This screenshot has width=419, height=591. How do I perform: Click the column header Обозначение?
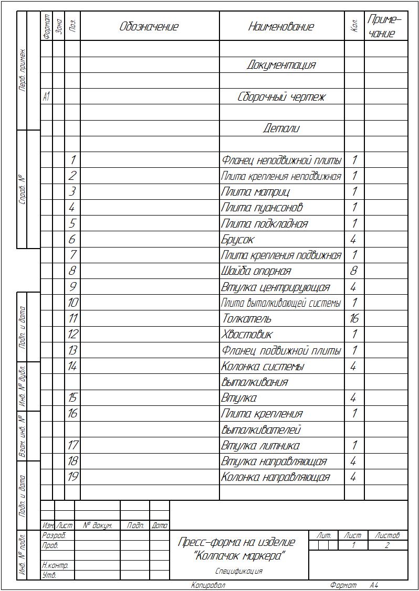(x=149, y=27)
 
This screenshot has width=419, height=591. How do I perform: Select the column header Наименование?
(x=281, y=27)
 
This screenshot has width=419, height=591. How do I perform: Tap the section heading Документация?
(x=281, y=65)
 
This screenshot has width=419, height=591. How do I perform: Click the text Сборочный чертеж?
(x=281, y=97)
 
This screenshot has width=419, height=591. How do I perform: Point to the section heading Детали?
(x=281, y=128)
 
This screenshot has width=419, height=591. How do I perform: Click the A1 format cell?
(x=46, y=97)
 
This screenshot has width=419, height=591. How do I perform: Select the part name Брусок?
(x=238, y=240)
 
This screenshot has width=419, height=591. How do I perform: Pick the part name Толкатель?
(x=246, y=319)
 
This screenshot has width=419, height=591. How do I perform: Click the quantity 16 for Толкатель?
(x=354, y=319)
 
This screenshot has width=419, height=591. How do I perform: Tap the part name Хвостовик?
(x=247, y=335)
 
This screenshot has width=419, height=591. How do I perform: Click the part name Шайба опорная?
(x=256, y=271)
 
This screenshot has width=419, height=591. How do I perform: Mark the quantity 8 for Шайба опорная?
(x=354, y=271)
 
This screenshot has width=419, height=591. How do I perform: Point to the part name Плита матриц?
(x=255, y=192)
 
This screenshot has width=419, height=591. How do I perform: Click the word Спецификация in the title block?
(x=239, y=572)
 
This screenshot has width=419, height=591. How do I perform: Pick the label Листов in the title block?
(x=387, y=536)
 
